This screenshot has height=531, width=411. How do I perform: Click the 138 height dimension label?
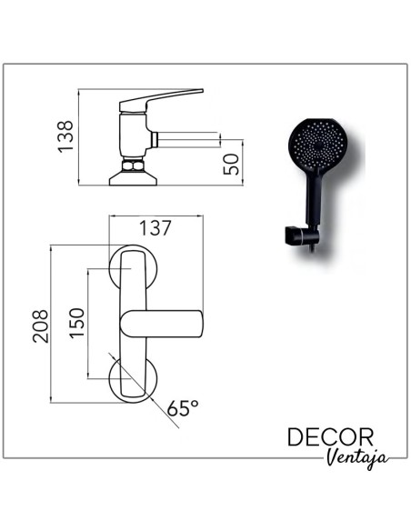pyautogui.click(x=65, y=136)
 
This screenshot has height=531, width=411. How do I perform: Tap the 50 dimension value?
pyautogui.click(x=231, y=165)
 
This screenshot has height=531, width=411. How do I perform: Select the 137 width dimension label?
pyautogui.click(x=155, y=228)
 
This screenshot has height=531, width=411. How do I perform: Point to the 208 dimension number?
pyautogui.click(x=41, y=326)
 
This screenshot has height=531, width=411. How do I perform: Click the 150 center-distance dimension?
pyautogui.click(x=76, y=323)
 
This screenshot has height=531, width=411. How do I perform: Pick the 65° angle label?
pyautogui.click(x=183, y=407)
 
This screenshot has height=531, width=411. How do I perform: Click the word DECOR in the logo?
pyautogui.click(x=330, y=437)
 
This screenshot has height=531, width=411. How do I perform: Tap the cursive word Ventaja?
pyautogui.click(x=357, y=458)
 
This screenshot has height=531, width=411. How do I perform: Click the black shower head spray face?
pyautogui.click(x=317, y=144)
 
